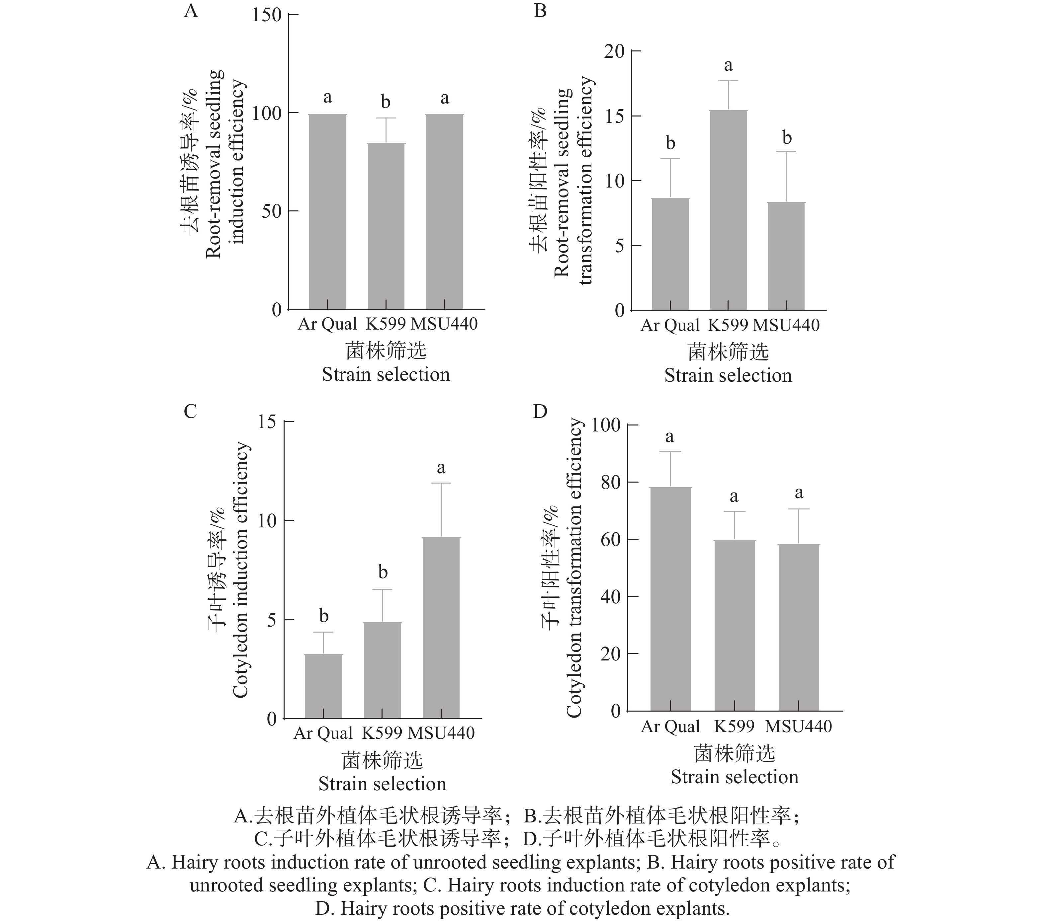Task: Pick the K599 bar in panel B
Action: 728,210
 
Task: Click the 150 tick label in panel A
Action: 267,15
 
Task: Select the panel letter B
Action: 540,10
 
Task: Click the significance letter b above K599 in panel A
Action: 386,102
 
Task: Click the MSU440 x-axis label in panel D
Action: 799,727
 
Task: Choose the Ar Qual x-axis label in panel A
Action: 327,324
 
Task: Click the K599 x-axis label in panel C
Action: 382,733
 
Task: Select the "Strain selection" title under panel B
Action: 728,376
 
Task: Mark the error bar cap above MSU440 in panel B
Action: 787,152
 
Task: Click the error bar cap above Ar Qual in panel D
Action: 670,452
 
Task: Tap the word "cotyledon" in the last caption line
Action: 611,909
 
